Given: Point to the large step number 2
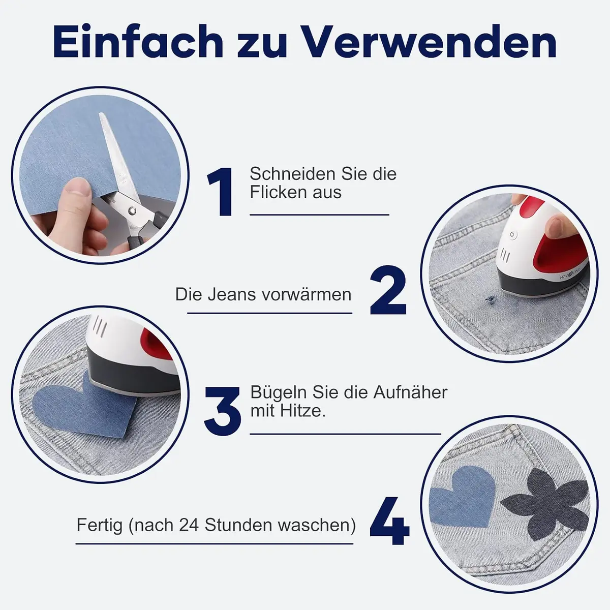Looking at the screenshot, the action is point(388,290).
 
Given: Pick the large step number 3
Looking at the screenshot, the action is point(223,411).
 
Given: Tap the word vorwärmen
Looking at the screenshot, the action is point(307,295).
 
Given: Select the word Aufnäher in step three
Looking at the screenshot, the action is point(410,392).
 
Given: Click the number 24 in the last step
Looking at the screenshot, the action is point(189,525).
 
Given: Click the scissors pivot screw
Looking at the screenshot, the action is point(132,209).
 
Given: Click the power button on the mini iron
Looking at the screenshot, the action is point(512,234).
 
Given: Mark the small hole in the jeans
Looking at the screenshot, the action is point(491,298).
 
